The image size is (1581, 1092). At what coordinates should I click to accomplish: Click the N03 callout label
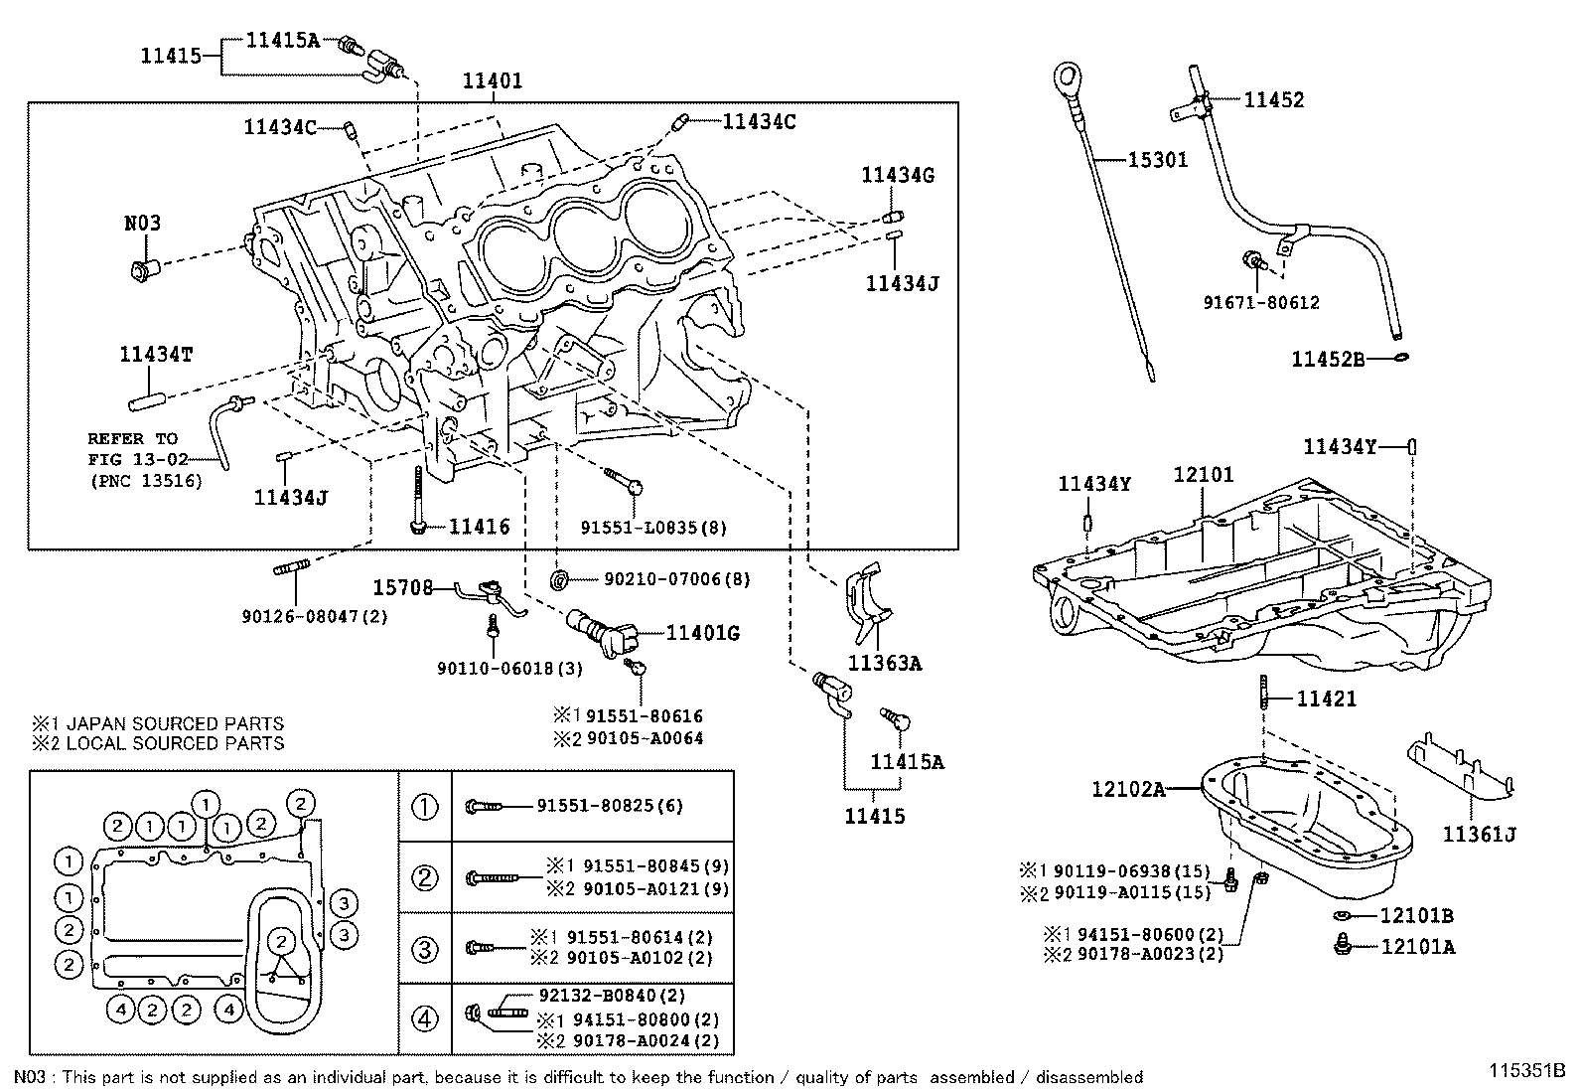tap(142, 223)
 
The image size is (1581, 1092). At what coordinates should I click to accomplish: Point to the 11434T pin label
tap(156, 354)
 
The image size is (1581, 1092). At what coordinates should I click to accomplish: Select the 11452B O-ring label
tap(1328, 359)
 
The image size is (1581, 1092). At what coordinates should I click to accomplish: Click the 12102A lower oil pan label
tap(1127, 789)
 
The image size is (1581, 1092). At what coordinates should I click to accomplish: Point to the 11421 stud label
tap(1326, 700)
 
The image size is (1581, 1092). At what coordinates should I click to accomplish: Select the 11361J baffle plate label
tap(1479, 834)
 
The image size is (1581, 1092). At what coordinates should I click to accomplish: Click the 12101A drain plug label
tap(1417, 947)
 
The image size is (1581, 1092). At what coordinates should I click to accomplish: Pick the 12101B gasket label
tap(1417, 915)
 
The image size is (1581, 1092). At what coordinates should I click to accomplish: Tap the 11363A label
tap(884, 662)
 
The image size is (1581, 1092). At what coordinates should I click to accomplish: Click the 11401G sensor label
tap(702, 633)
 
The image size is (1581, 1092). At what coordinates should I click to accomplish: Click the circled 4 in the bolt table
tap(424, 1018)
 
